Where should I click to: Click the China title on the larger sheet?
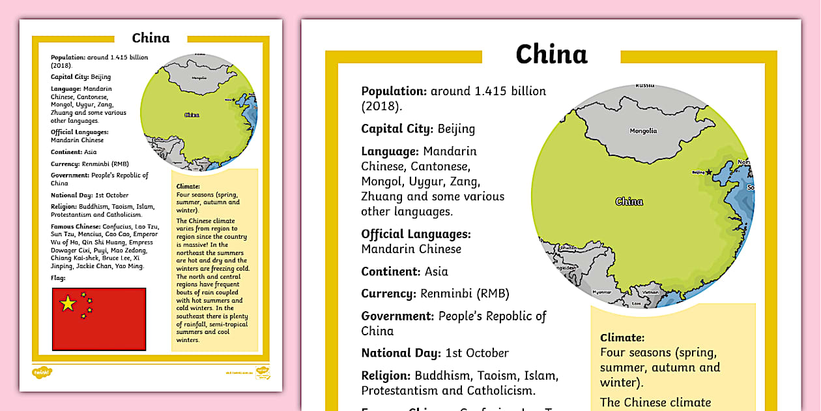(551, 55)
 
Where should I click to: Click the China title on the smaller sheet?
(151, 38)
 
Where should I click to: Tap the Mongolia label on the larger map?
(643, 131)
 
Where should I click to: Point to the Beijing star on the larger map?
(709, 172)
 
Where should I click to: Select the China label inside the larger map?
(629, 202)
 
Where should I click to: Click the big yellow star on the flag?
(68, 303)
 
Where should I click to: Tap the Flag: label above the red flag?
(57, 277)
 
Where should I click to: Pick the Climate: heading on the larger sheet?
(622, 338)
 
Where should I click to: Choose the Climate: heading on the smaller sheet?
(188, 187)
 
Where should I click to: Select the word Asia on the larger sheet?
(436, 271)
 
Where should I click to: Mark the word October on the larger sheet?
(486, 353)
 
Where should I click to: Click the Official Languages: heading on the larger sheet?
(416, 234)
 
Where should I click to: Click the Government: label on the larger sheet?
(397, 316)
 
